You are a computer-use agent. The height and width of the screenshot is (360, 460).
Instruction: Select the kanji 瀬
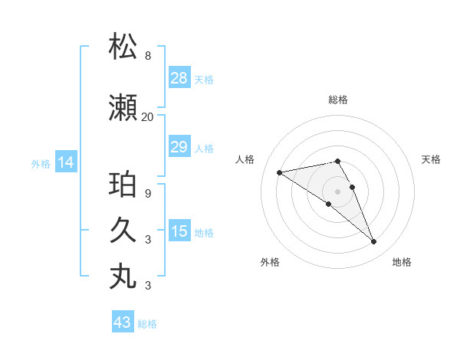click(123, 108)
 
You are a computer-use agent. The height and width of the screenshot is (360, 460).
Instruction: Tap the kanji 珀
click(123, 185)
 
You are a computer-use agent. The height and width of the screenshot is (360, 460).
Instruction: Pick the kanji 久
click(123, 230)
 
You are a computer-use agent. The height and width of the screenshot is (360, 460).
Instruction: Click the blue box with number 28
click(179, 78)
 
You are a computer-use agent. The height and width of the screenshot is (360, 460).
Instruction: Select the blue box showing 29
click(179, 147)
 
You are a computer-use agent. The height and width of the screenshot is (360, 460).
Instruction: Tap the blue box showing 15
click(179, 231)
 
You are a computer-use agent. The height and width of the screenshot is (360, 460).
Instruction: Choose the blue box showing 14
click(66, 162)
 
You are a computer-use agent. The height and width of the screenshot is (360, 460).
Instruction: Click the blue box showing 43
click(123, 322)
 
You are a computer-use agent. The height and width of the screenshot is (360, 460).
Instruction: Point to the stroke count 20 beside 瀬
click(147, 117)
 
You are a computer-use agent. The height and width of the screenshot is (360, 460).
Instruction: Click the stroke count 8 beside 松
click(147, 56)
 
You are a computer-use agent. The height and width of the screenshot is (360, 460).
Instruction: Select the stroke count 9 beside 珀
click(147, 193)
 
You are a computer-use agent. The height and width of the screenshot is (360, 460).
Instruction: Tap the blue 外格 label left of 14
click(41, 163)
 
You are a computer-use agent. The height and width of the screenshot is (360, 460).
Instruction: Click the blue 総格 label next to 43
click(147, 324)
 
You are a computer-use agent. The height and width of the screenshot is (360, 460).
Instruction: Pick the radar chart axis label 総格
click(338, 100)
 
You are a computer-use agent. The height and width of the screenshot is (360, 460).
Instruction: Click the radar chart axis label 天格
click(432, 159)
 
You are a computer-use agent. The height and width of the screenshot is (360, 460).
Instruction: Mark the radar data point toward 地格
click(374, 242)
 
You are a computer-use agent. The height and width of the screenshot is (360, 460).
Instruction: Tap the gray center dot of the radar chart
click(338, 190)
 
